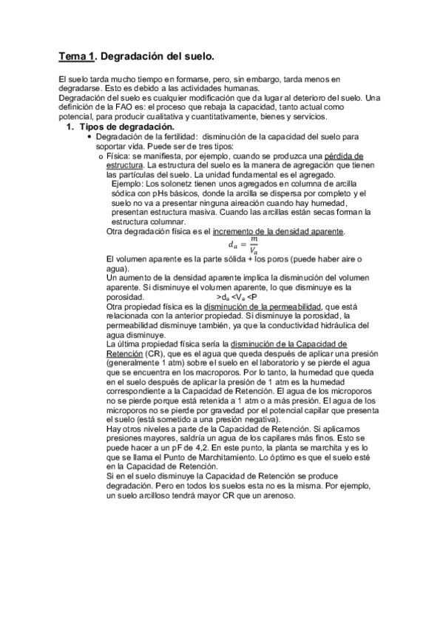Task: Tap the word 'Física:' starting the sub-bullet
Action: pyautogui.click(x=119, y=156)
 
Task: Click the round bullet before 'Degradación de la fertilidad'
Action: pyautogui.click(x=89, y=138)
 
